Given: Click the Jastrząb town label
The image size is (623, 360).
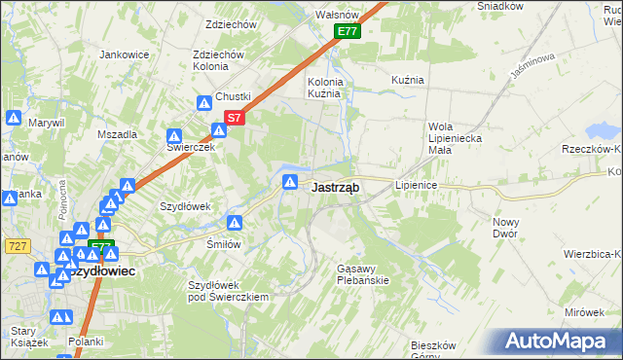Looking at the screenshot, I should point(337,188).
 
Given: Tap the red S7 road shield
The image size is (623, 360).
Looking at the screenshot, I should point(234,119).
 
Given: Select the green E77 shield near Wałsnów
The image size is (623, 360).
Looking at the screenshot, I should point(348,32).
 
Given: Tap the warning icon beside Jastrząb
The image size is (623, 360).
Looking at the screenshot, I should point(290,182).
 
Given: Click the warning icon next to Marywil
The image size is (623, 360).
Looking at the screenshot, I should point(13,118).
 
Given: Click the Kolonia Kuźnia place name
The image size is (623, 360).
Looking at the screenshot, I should point(324,89).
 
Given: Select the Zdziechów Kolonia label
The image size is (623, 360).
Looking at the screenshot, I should point(218,60).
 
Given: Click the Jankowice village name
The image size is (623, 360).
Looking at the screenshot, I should point(123,54).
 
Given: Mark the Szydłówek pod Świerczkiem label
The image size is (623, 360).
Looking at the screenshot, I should point(228,291).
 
